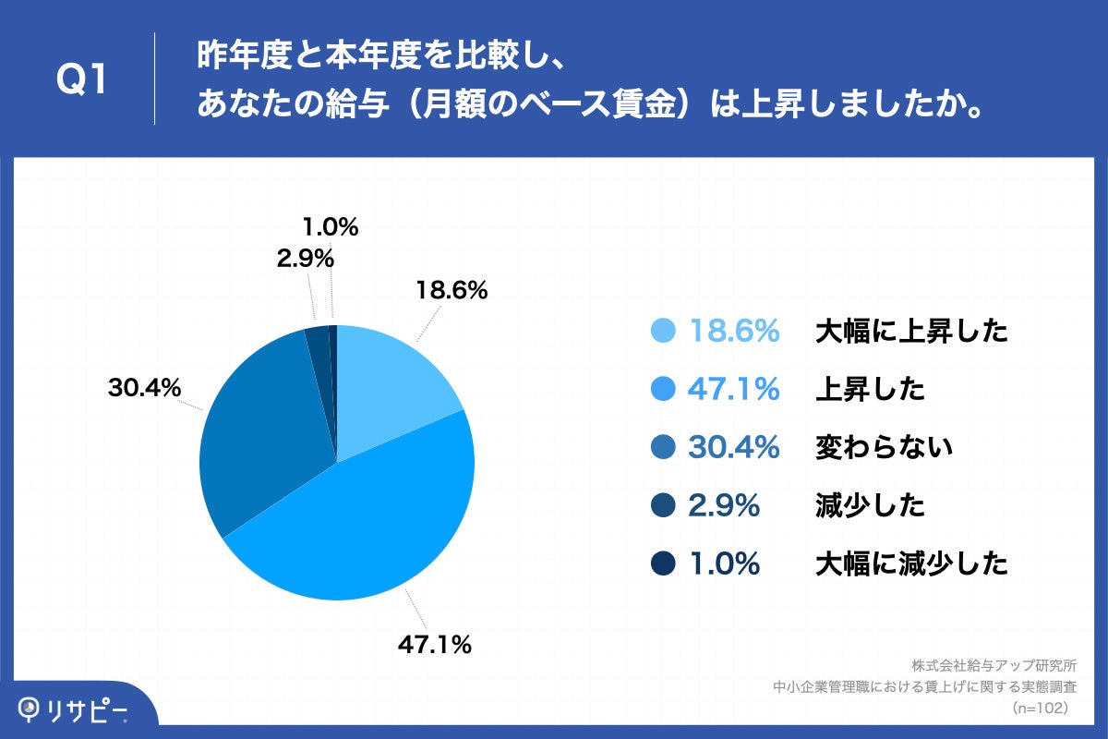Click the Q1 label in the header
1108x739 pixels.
tap(83, 80)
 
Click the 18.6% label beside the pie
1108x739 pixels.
tap(451, 291)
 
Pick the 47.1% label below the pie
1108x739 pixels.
tap(435, 645)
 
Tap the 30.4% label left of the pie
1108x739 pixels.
tap(144, 389)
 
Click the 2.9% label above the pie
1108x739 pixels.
tap(305, 260)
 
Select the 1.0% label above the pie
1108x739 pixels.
tap(330, 227)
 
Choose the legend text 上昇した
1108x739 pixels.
tap(870, 390)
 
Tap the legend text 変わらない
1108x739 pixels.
tap(884, 448)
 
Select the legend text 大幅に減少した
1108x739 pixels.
tap(911, 563)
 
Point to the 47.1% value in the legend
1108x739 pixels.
tap(734, 390)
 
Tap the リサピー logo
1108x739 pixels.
tap(74, 709)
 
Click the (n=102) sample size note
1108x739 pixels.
tap(1041, 708)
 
